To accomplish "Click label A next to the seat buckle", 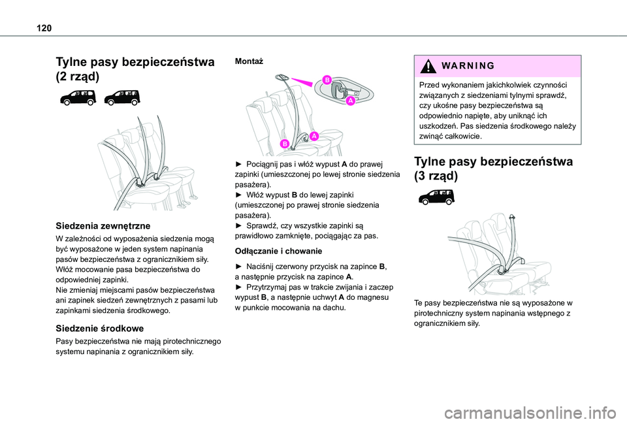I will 313,136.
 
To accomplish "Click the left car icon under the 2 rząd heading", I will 78,97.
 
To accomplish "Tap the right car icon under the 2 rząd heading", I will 122,97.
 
